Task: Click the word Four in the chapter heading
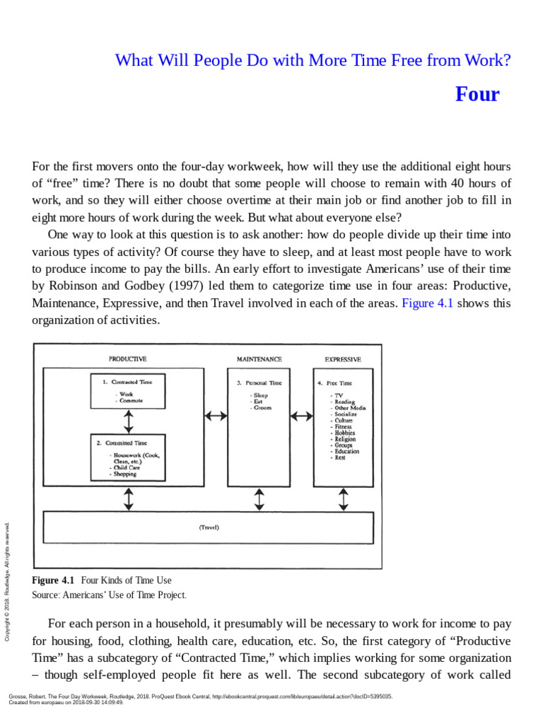(477, 94)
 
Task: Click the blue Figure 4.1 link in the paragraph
(427, 303)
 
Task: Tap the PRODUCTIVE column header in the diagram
(128, 359)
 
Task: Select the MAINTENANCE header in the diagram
(259, 359)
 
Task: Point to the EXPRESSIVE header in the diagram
(343, 359)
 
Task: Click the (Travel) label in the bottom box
(209, 527)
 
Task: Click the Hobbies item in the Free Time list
(345, 433)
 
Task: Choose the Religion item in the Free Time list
(345, 439)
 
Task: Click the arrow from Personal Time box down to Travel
(259, 499)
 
